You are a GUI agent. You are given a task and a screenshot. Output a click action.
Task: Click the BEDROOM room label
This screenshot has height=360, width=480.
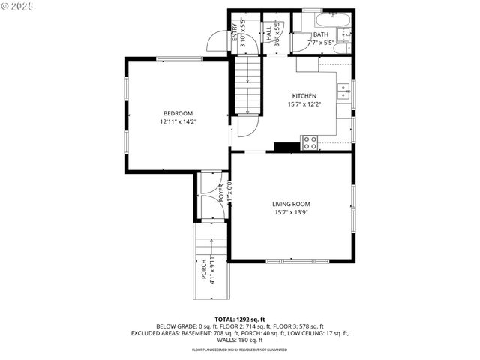pos(178,113)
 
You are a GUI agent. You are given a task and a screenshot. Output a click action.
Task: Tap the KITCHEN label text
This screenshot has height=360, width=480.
pos(304,96)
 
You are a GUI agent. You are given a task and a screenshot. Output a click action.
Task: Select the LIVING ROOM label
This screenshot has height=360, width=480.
pos(291,204)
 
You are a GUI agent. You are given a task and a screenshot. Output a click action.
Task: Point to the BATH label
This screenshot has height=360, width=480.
pos(321,34)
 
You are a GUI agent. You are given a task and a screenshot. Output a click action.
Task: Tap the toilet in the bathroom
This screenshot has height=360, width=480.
pos(342,49)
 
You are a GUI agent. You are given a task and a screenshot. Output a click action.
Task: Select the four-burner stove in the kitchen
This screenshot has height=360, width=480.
pos(309,142)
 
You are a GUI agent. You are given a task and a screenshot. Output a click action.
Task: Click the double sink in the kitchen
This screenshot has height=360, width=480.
pos(343,91)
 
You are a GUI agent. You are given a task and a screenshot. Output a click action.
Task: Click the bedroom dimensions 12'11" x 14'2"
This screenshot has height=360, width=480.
pos(178,121)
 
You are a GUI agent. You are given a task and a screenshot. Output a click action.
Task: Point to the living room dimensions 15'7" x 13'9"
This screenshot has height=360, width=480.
pos(291,213)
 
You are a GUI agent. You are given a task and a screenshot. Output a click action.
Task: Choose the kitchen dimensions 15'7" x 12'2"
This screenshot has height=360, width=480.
pos(304,105)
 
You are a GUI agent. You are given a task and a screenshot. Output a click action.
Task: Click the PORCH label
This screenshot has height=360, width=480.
pos(203,268)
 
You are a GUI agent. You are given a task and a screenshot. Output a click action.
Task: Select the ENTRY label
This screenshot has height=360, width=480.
pos(234,32)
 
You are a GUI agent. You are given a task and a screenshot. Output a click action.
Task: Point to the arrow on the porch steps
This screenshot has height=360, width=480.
pos(214,255)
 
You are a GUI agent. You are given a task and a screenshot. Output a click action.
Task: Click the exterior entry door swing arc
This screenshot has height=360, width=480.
pos(216,40)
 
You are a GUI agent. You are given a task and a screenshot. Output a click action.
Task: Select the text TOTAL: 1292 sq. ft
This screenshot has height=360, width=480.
pos(239,319)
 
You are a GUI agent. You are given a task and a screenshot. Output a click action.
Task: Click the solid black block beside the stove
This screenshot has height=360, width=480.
pos(286,147)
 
